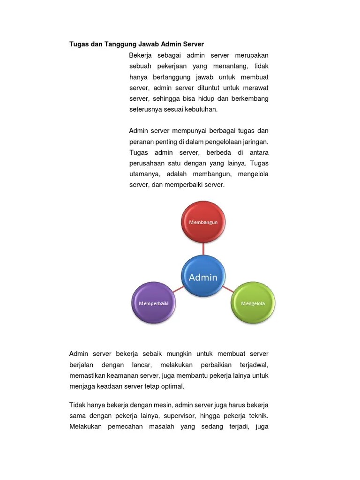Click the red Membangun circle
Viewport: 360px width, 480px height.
203,222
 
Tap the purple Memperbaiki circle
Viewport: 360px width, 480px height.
154,303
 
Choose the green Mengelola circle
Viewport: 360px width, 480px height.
253,303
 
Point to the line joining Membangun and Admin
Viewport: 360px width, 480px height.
203,249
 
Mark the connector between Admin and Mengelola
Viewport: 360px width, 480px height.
228,290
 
